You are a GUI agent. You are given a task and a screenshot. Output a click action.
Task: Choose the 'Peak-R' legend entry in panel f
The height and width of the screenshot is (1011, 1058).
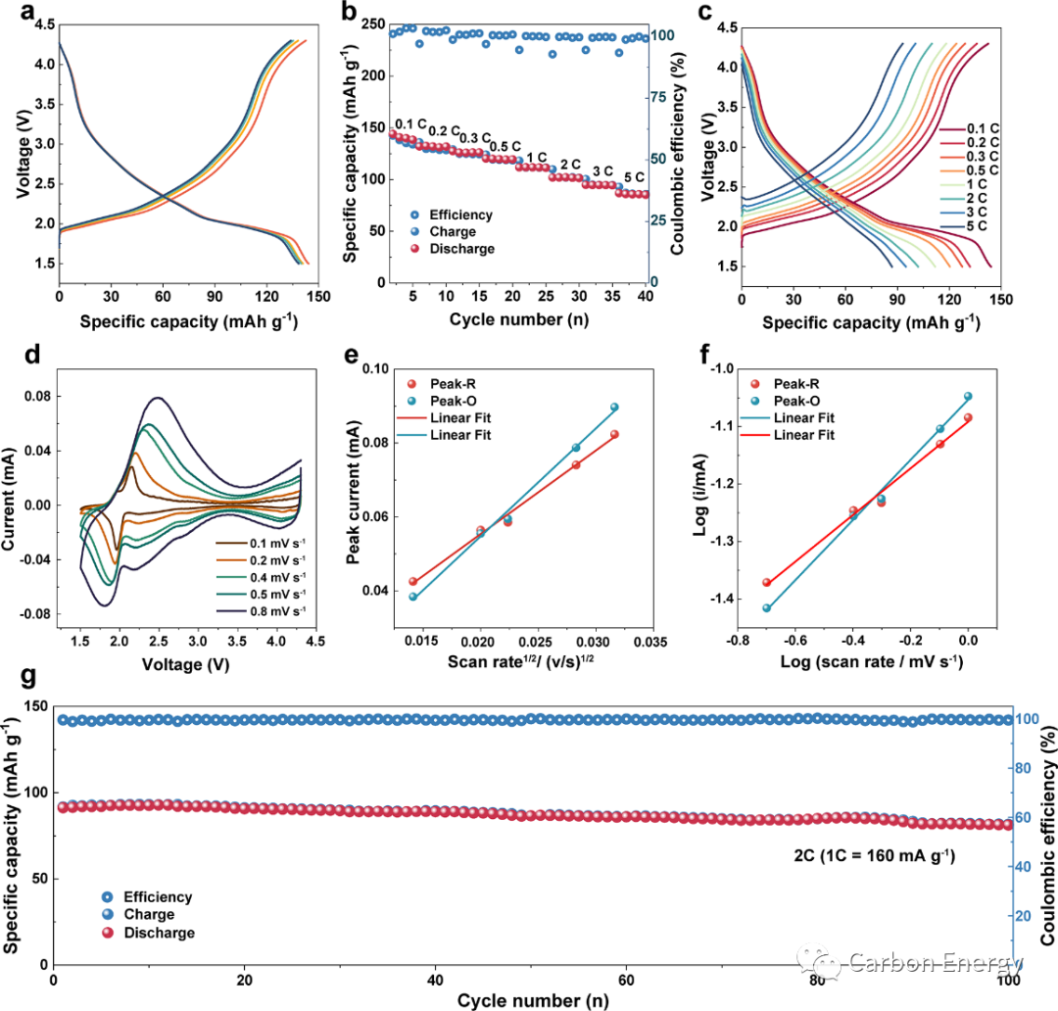795,385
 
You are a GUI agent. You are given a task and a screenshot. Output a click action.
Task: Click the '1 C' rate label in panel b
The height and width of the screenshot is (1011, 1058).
537,157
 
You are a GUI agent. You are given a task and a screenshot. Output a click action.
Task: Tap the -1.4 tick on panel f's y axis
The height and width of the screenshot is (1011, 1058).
731,598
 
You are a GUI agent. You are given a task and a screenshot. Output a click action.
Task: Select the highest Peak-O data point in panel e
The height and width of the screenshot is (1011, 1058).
615,407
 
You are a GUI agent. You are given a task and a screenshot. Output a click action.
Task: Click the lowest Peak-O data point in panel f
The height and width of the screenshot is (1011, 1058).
767,607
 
